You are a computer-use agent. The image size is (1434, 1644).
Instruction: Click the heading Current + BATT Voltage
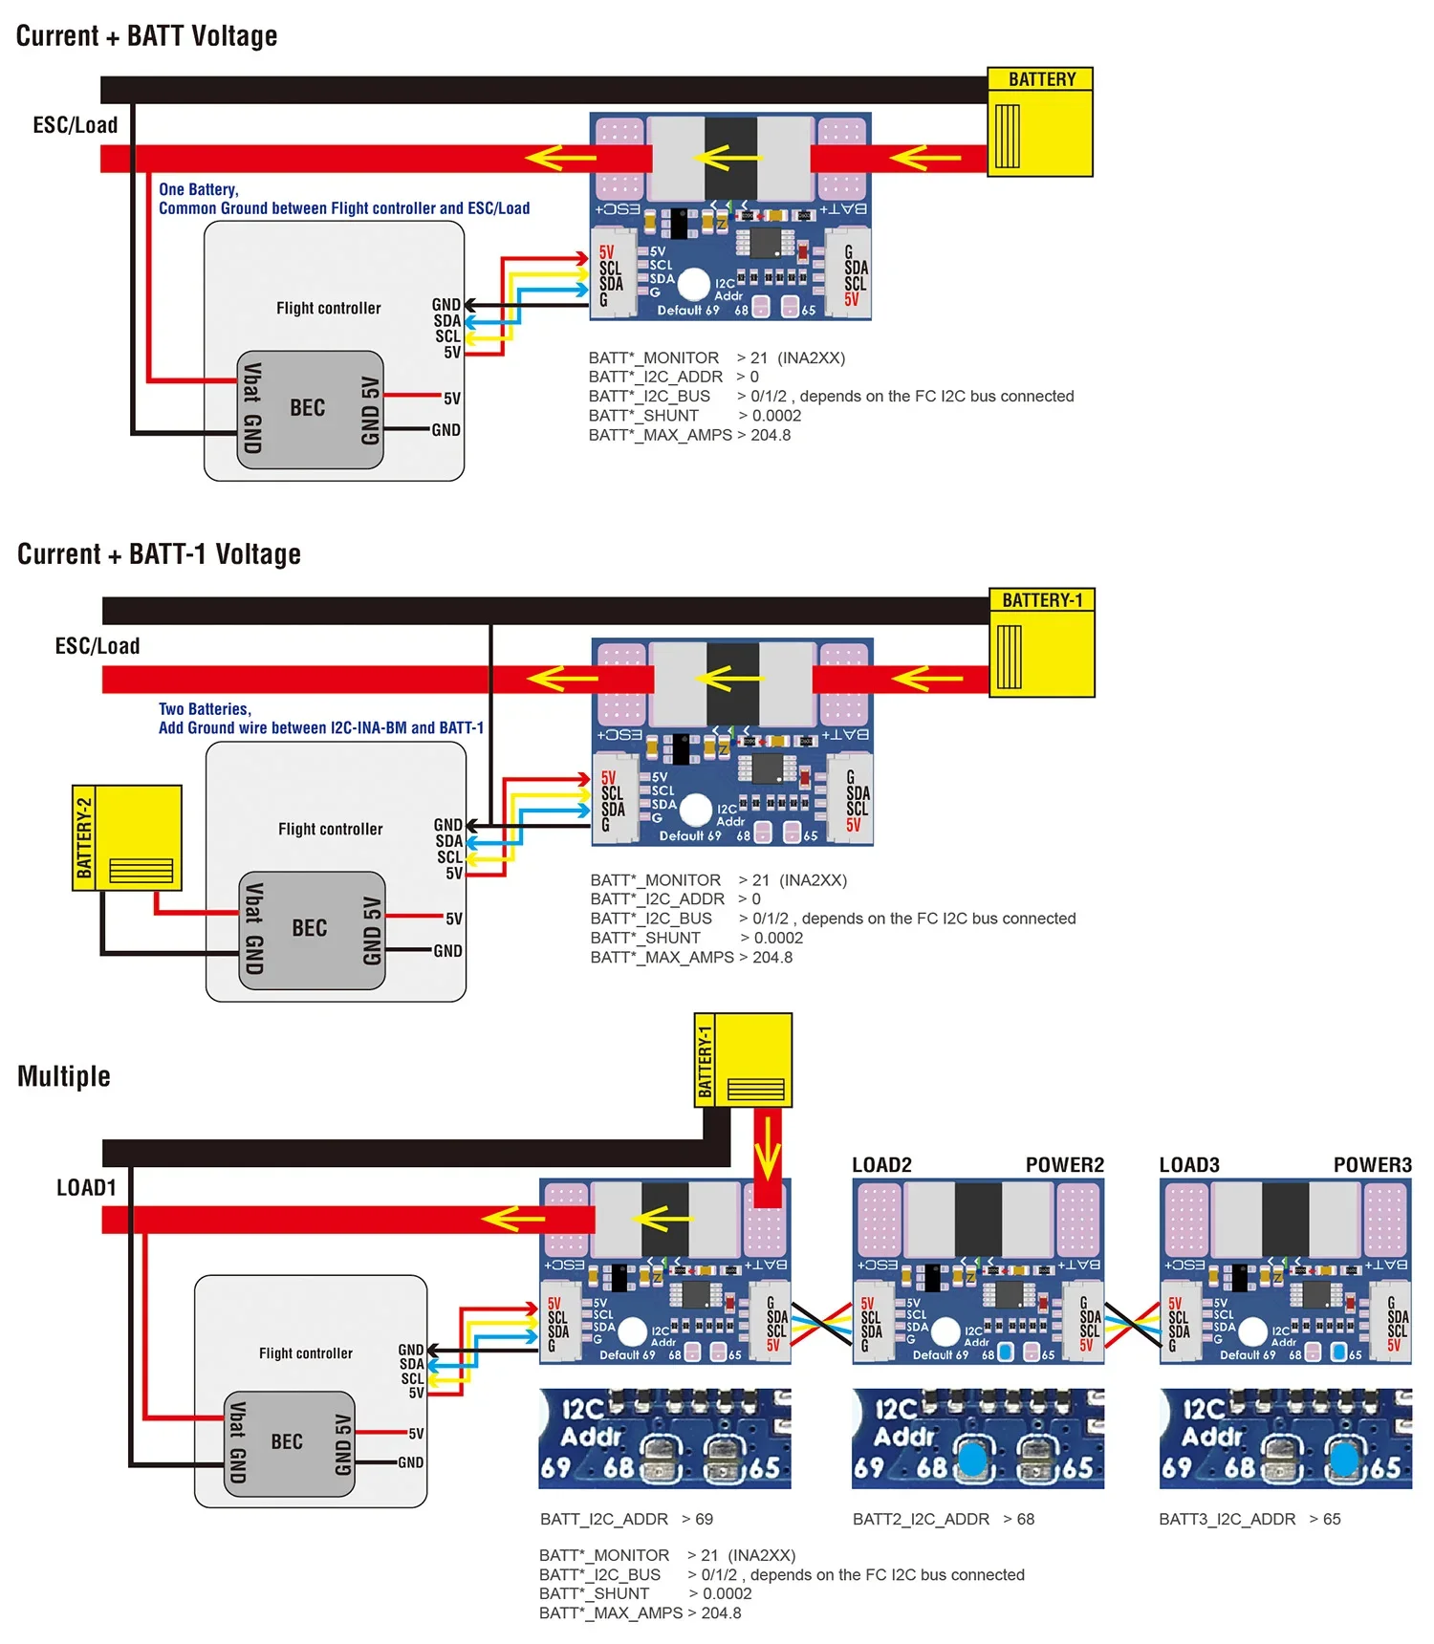(x=146, y=36)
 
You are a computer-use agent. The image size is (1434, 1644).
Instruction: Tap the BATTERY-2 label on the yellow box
(x=84, y=838)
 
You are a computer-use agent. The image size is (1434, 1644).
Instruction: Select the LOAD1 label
(x=86, y=1187)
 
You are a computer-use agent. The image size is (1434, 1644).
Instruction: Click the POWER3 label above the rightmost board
(x=1372, y=1164)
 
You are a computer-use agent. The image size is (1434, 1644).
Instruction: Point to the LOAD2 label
(x=881, y=1164)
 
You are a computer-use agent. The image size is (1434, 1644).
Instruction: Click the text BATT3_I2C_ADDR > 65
(x=1249, y=1519)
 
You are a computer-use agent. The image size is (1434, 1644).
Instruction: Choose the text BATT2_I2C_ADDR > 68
(x=943, y=1519)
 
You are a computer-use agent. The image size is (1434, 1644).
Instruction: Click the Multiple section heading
(x=64, y=1076)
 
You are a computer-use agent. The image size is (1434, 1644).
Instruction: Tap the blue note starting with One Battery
(x=343, y=199)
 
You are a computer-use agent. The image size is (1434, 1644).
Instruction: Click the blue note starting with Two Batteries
(x=321, y=719)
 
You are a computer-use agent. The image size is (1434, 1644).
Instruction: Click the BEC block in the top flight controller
(x=309, y=409)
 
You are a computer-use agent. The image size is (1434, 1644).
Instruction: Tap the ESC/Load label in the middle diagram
(x=97, y=646)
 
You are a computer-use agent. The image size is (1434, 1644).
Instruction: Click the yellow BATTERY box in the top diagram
(x=1039, y=122)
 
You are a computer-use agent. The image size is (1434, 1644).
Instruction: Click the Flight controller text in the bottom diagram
(x=305, y=1353)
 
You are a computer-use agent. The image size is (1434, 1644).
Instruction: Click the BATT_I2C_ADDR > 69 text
(x=626, y=1519)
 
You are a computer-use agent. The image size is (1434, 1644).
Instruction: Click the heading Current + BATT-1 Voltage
(x=159, y=554)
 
